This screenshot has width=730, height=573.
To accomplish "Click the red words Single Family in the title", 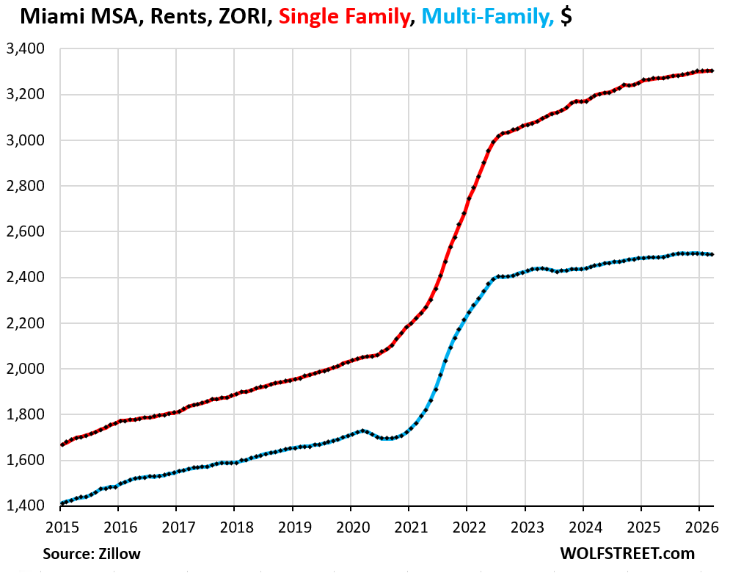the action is coord(345,17).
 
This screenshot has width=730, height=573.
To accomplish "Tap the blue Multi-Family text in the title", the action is coord(488,17).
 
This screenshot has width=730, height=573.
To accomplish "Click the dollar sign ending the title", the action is coord(566,17).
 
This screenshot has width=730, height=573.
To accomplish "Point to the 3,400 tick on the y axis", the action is coord(25,48).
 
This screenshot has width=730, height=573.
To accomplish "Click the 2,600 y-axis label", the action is coord(25,231).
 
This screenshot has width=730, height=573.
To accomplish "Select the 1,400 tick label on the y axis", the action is coord(25,505).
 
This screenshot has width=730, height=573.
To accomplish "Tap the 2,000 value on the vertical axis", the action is coord(25,369).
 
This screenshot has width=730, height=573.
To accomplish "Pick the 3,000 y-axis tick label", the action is coord(25,140).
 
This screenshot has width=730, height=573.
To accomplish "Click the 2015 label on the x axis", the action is coord(62,527).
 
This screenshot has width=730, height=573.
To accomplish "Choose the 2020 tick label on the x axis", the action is coord(353,527).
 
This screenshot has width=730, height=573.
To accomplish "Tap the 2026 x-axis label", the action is coord(701,527).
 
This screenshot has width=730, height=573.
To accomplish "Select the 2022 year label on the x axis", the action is coord(470,527).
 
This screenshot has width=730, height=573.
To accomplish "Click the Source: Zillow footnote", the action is coord(92,553).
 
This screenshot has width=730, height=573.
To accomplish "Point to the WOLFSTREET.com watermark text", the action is coord(627,553).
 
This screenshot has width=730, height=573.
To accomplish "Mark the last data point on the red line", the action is coord(712,71).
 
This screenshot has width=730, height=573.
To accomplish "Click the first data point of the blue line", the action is coord(62,503).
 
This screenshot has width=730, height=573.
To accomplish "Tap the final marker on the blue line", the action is coord(712,255).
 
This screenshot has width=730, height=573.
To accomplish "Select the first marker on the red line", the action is coord(62,444).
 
